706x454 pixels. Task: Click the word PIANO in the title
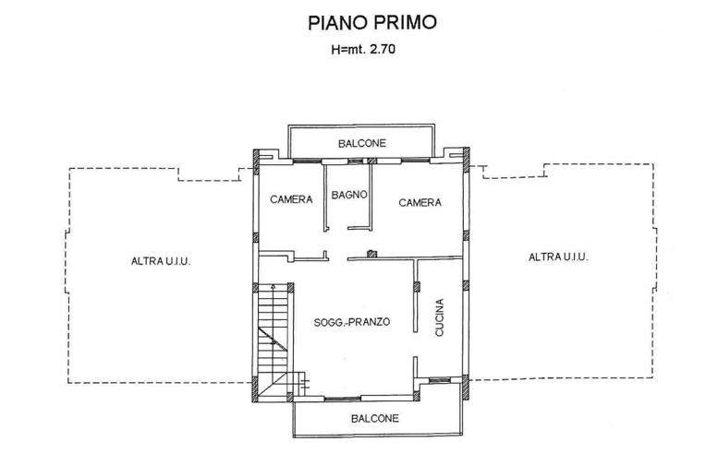click(x=327, y=21)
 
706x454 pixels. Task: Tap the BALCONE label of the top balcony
click(x=361, y=143)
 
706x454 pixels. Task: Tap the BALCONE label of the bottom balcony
click(x=374, y=418)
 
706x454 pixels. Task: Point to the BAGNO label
click(x=351, y=195)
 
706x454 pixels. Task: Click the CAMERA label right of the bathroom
click(x=420, y=202)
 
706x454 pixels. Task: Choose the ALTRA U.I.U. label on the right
click(x=558, y=257)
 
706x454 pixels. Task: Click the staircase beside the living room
click(x=274, y=337)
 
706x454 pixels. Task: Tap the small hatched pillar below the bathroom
click(x=371, y=254)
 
